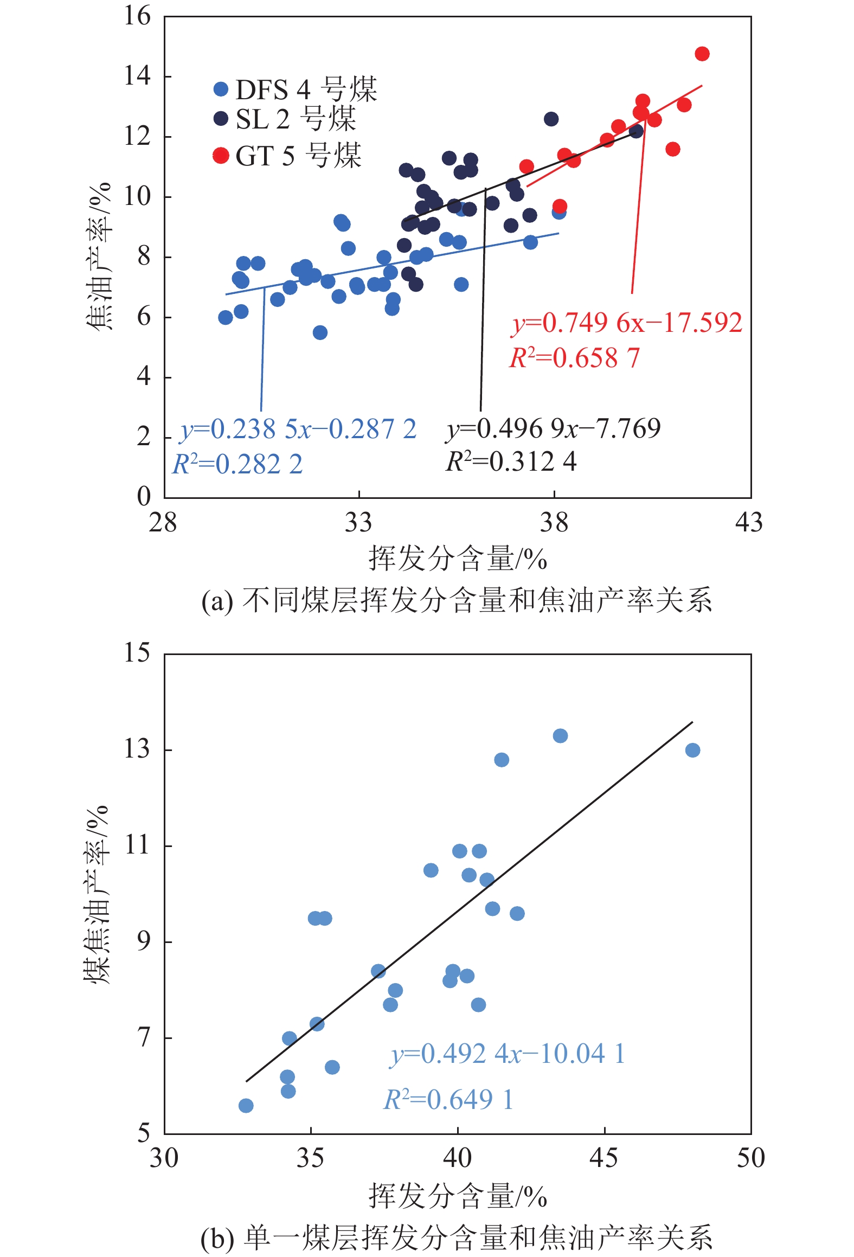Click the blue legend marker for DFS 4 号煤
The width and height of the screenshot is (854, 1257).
(x=221, y=89)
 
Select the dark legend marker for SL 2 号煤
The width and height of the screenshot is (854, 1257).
(x=221, y=118)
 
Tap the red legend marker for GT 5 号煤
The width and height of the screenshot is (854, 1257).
(x=221, y=156)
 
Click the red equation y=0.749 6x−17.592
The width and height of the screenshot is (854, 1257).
(x=627, y=323)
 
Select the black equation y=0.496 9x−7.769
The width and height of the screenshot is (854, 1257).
(x=553, y=428)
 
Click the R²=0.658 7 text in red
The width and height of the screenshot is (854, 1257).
(x=575, y=358)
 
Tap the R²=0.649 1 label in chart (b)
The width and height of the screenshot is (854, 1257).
(x=448, y=1100)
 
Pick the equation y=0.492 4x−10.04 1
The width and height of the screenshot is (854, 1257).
(x=508, y=1054)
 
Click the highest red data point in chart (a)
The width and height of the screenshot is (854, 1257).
(x=702, y=54)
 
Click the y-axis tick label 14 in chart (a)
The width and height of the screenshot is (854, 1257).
(x=137, y=75)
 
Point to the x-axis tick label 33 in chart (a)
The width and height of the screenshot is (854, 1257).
(x=358, y=523)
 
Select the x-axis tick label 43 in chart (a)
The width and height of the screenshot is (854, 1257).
(x=749, y=523)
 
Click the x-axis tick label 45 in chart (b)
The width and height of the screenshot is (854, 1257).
(x=604, y=1158)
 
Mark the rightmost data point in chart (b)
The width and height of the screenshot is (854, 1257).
(x=692, y=750)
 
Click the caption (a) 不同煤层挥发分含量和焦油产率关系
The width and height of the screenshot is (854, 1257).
(x=457, y=601)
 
